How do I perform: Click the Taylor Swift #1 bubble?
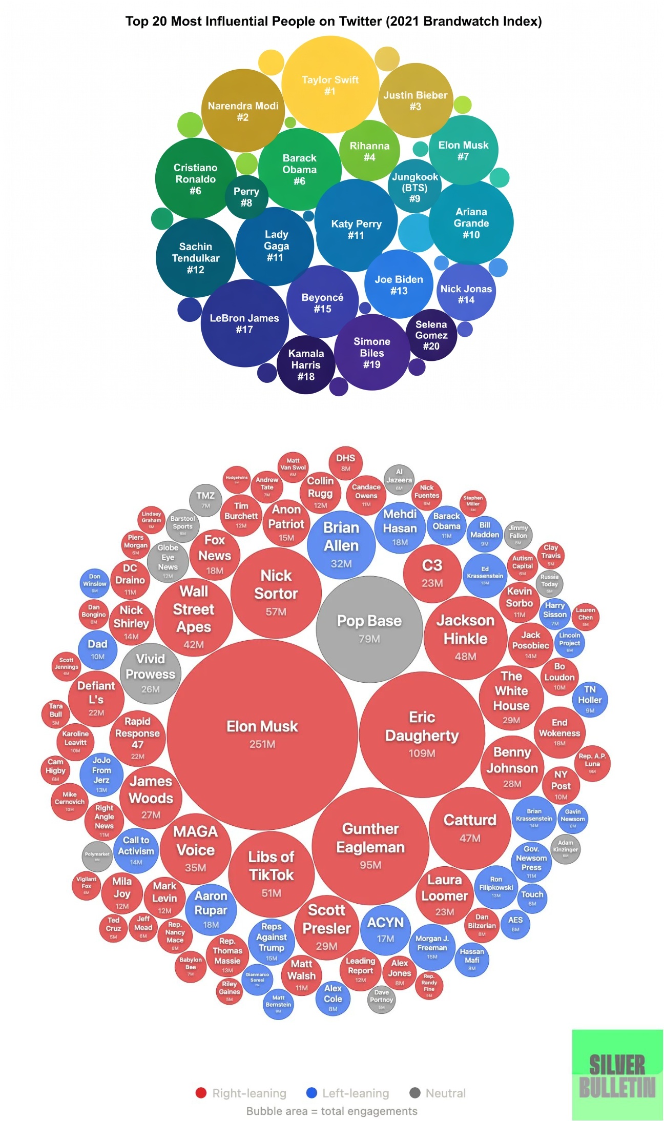pos(330,85)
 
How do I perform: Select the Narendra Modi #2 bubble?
pos(243,111)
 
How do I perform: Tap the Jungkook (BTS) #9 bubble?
pos(414,187)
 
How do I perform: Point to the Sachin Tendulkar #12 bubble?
pos(195,258)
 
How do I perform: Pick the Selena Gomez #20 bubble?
pos(431,335)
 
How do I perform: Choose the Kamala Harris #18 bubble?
pos(306,364)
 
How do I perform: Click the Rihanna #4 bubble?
pos(369,151)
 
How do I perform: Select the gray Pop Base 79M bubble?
pos(369,628)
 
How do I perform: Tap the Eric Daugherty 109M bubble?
pos(422,734)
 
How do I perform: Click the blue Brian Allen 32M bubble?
pos(341,544)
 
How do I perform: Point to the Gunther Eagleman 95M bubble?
pos(370,846)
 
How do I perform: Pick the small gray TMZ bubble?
pos(205,499)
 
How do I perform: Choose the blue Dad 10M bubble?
pos(97,649)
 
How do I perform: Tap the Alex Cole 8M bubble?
pos(333,997)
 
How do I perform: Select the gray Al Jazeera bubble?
pos(399,479)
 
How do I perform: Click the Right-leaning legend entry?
pos(241,1093)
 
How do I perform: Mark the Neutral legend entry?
pos(438,1093)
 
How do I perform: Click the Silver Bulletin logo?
pos(617,1074)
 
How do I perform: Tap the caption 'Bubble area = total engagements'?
pos(332,1111)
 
